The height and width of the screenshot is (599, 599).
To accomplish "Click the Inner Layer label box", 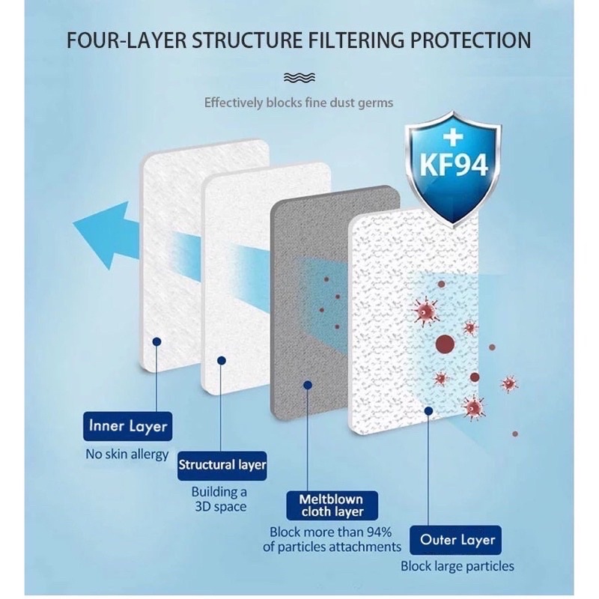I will tap(128, 428).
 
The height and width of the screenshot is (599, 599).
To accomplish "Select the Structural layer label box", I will tap(222, 465).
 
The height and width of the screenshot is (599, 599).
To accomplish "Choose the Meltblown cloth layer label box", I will tap(331, 505).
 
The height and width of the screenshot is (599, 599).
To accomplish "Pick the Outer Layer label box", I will tap(457, 540).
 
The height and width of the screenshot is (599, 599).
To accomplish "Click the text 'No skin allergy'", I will tap(127, 454).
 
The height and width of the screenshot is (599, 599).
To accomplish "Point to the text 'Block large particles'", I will tap(457, 566).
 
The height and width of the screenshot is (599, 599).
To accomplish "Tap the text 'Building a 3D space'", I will tap(219, 499).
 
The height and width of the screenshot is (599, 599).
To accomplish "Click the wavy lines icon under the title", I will tap(299, 78).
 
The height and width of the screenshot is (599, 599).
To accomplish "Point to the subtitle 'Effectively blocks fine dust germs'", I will tap(299, 103).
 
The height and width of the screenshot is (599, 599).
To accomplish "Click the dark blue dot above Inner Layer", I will tap(156, 341).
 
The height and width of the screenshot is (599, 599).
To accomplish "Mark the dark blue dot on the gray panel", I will tap(307, 385).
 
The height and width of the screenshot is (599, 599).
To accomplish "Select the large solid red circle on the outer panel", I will tap(446, 344).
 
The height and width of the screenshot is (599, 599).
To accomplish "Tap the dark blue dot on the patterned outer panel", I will tap(428, 410).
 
